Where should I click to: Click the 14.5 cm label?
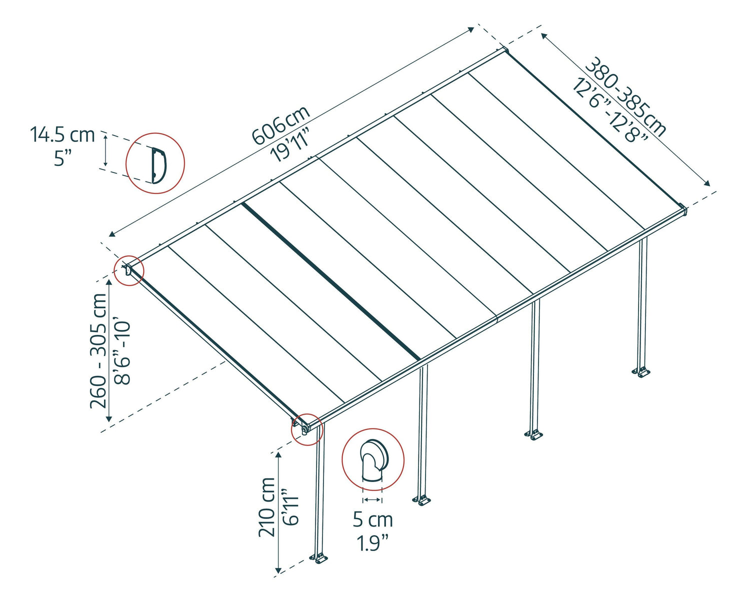click(x=62, y=134)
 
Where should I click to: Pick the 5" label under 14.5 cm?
click(x=62, y=158)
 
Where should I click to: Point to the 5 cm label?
click(x=372, y=519)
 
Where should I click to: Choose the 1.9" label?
click(x=372, y=543)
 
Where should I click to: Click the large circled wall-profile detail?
click(x=155, y=163)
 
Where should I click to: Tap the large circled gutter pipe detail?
click(x=373, y=459)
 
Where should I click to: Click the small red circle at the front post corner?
click(x=307, y=429)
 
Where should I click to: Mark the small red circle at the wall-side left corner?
click(x=129, y=270)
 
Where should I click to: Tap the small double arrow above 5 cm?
click(x=372, y=499)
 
